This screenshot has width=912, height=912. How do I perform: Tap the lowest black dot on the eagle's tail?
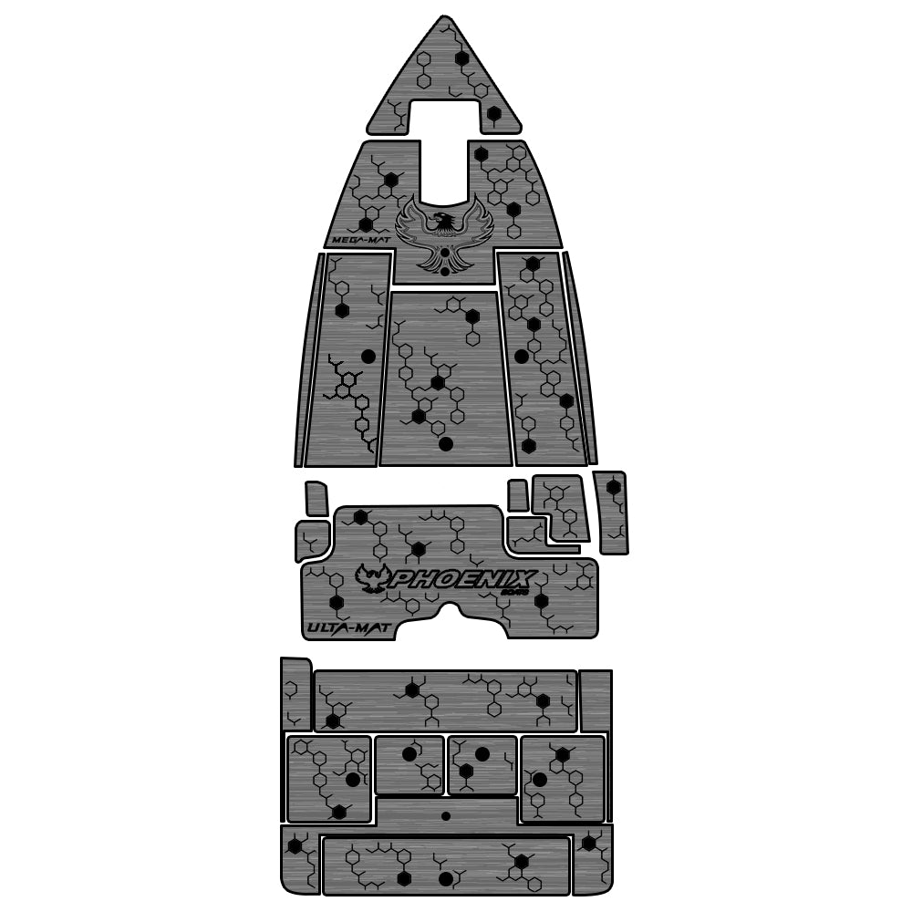(444, 270)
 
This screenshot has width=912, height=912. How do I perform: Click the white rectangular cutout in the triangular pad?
(443, 116)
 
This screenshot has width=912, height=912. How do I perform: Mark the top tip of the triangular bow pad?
(443, 17)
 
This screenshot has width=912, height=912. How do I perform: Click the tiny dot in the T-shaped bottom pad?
(445, 814)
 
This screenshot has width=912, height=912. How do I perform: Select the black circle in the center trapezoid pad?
(446, 444)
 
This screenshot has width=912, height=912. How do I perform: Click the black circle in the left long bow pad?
(368, 356)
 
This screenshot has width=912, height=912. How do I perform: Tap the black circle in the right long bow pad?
(521, 356)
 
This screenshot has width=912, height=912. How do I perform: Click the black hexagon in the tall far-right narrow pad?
(614, 487)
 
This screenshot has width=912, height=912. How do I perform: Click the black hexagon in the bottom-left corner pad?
(295, 846)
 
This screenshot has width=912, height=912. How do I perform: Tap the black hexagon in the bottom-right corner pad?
(590, 843)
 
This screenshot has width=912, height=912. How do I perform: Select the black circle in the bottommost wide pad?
(445, 879)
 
